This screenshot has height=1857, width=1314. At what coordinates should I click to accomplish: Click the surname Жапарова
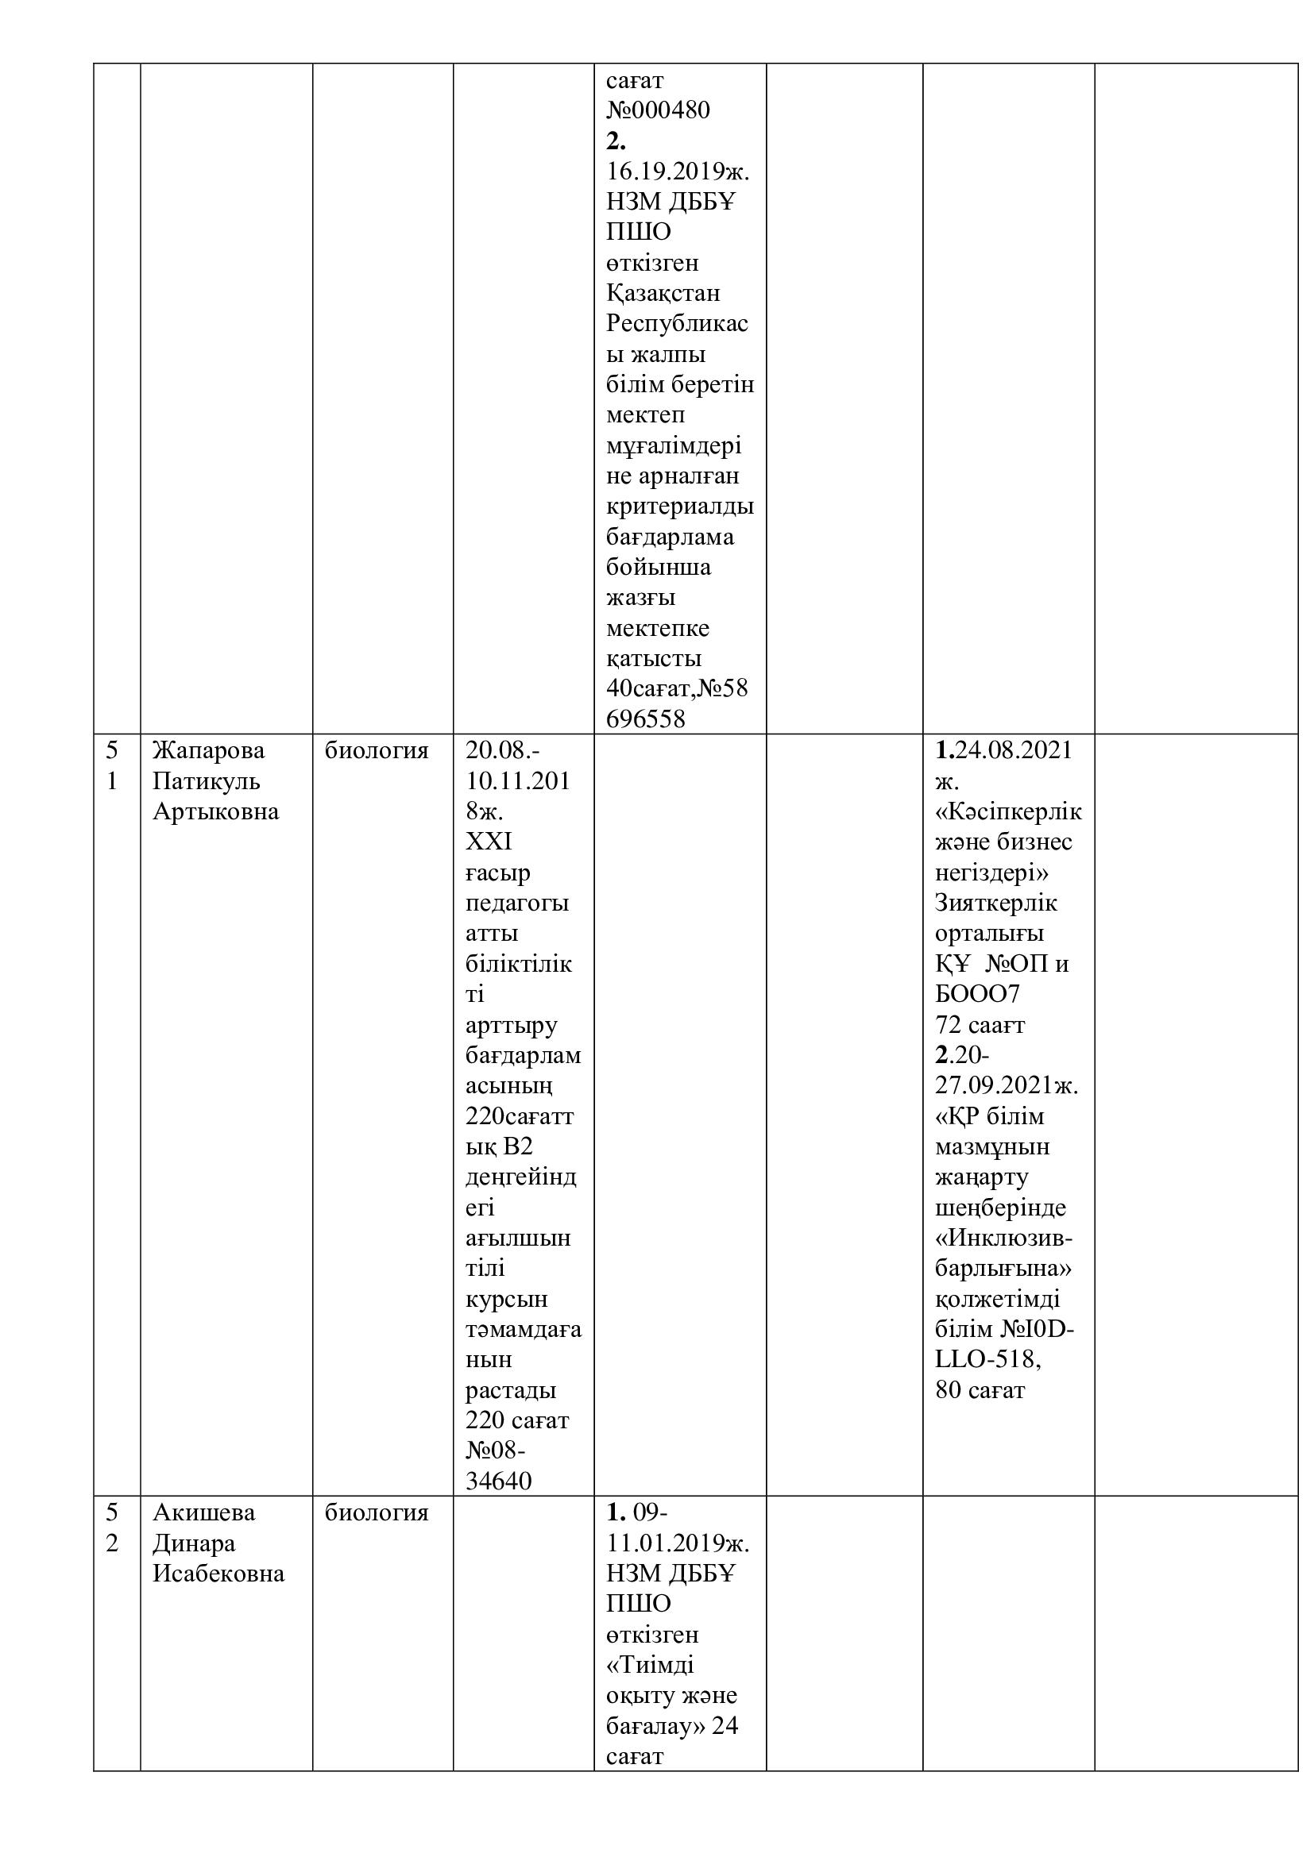pyautogui.click(x=209, y=750)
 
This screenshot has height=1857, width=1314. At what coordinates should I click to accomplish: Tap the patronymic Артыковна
pyautogui.click(x=216, y=812)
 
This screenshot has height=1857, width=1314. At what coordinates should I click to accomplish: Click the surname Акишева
pyautogui.click(x=204, y=1512)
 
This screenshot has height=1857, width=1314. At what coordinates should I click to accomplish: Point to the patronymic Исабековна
pyautogui.click(x=218, y=1574)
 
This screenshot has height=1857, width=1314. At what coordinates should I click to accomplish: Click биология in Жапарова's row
pyautogui.click(x=377, y=750)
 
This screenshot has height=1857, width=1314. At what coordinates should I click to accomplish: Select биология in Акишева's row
pyautogui.click(x=377, y=1512)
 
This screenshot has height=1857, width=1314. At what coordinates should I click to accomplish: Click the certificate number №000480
pyautogui.click(x=658, y=110)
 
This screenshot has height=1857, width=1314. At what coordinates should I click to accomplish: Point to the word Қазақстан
pyautogui.click(x=663, y=293)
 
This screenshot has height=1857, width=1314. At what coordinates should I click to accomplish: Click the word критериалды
pyautogui.click(x=680, y=507)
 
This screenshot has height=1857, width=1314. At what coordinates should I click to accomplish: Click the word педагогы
pyautogui.click(x=518, y=903)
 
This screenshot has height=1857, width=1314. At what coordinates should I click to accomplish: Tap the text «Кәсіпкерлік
pyautogui.click(x=1008, y=812)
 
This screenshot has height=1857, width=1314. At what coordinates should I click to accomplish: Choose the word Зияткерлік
pyautogui.click(x=996, y=903)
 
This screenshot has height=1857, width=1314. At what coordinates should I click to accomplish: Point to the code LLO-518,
pyautogui.click(x=988, y=1359)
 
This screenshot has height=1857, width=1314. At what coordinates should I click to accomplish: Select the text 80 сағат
pyautogui.click(x=980, y=1390)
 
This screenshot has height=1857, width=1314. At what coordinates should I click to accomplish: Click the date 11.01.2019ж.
pyautogui.click(x=678, y=1543)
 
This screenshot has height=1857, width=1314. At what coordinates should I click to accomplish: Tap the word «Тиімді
pyautogui.click(x=651, y=1666)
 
